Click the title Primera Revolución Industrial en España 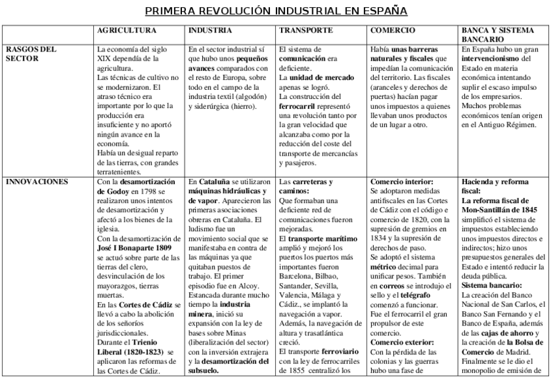(x=276, y=11)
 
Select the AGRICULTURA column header (x=127, y=31)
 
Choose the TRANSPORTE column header (x=306, y=31)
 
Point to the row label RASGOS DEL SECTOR (x=30, y=53)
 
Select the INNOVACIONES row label (x=37, y=182)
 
